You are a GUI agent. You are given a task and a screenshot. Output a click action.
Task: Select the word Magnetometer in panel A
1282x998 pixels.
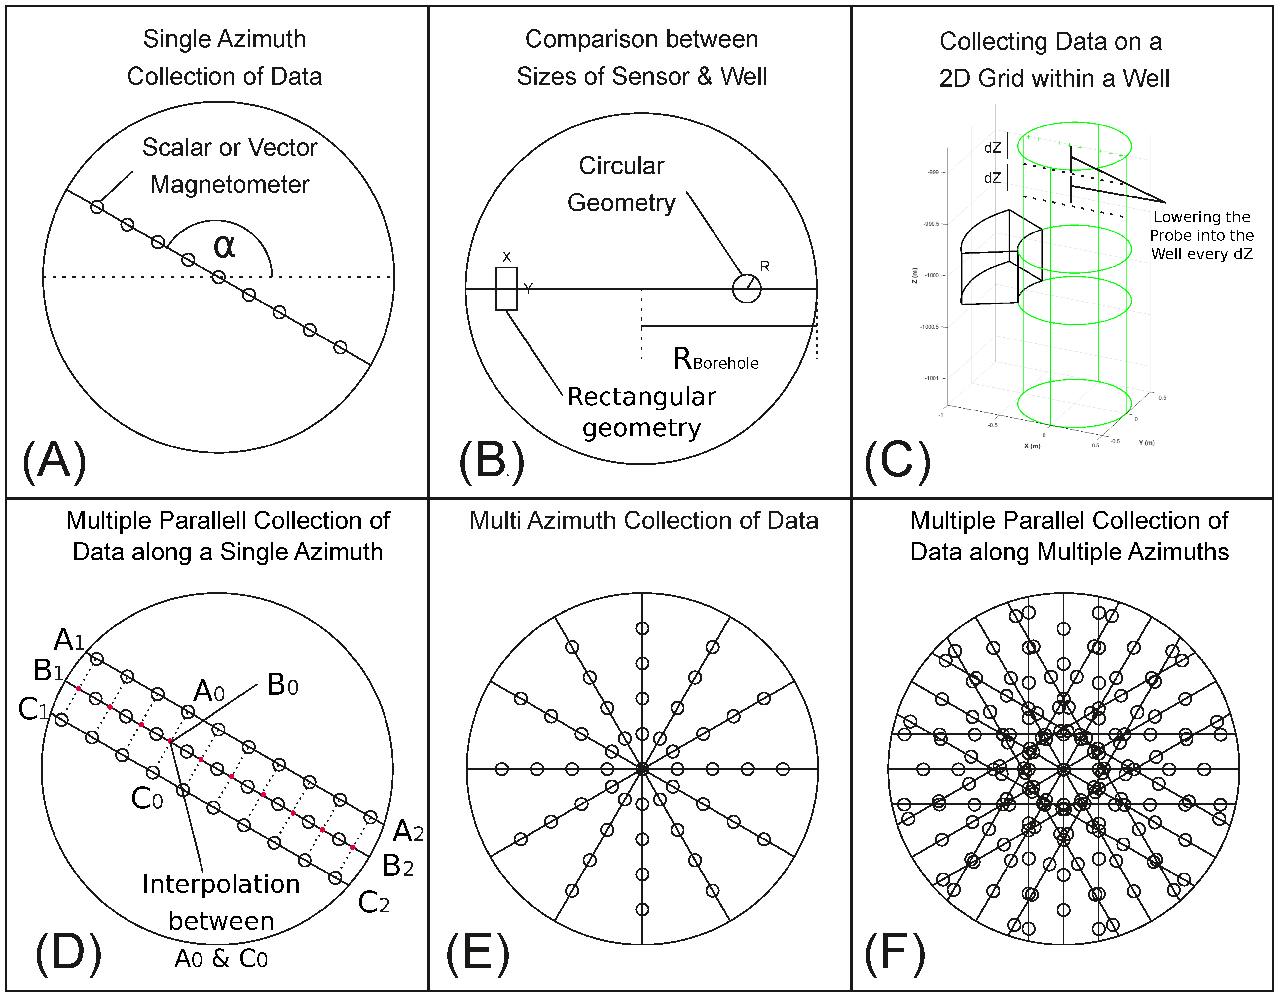pyautogui.click(x=230, y=184)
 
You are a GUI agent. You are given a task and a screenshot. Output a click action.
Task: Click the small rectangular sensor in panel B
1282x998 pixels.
pyautogui.click(x=507, y=288)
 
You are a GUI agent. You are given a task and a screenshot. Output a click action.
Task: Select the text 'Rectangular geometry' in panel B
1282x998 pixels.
pyautogui.click(x=641, y=412)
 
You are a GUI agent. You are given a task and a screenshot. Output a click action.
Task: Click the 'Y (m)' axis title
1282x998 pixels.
pyautogui.click(x=1147, y=443)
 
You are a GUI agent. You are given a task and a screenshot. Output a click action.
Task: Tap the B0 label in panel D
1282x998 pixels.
pyautogui.click(x=282, y=685)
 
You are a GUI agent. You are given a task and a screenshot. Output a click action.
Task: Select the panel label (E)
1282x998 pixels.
pyautogui.click(x=478, y=955)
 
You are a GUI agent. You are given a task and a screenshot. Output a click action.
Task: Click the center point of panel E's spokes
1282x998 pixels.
pyautogui.click(x=642, y=768)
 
